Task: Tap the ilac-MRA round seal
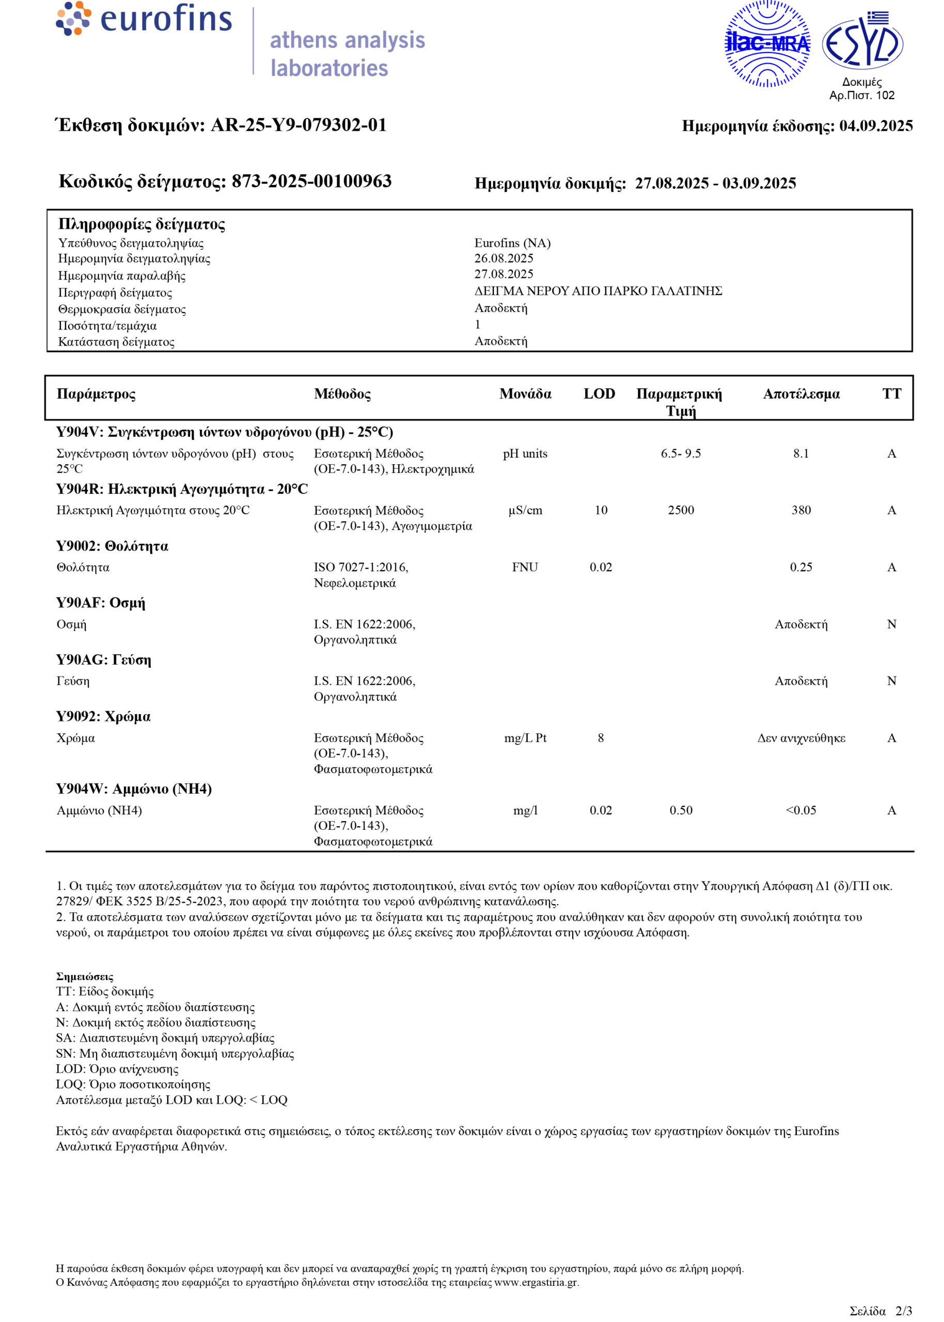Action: click(x=767, y=43)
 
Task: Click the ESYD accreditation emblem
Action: click(x=862, y=42)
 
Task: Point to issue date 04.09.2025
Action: click(x=875, y=126)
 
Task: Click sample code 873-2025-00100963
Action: click(x=311, y=181)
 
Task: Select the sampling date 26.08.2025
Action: click(x=504, y=258)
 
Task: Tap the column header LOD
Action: click(x=600, y=394)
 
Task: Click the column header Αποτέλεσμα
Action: click(x=801, y=394)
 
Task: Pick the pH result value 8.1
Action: click(x=801, y=453)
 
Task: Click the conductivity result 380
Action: click(x=801, y=510)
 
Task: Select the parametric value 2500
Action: click(x=681, y=510)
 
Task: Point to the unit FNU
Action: click(x=525, y=567)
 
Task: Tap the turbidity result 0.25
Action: click(x=801, y=567)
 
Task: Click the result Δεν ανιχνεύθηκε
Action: click(x=801, y=738)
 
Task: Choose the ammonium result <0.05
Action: click(x=801, y=810)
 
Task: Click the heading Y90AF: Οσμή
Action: click(x=101, y=603)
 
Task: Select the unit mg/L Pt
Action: click(x=525, y=738)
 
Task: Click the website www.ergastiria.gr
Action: click(x=536, y=1282)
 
